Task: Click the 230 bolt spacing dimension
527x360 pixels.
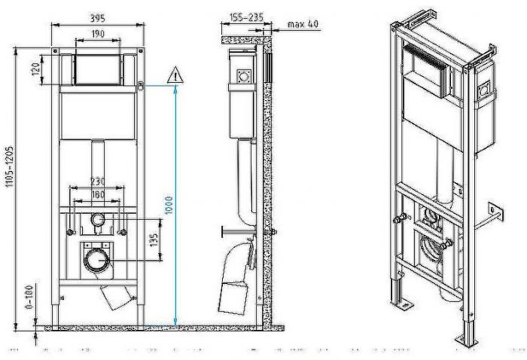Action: click(x=96, y=182)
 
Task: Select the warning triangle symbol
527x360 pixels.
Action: click(x=174, y=75)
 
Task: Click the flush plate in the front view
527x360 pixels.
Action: click(x=96, y=69)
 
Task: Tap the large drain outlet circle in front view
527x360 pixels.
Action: click(x=96, y=261)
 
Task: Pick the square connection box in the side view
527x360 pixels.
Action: click(x=244, y=76)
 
